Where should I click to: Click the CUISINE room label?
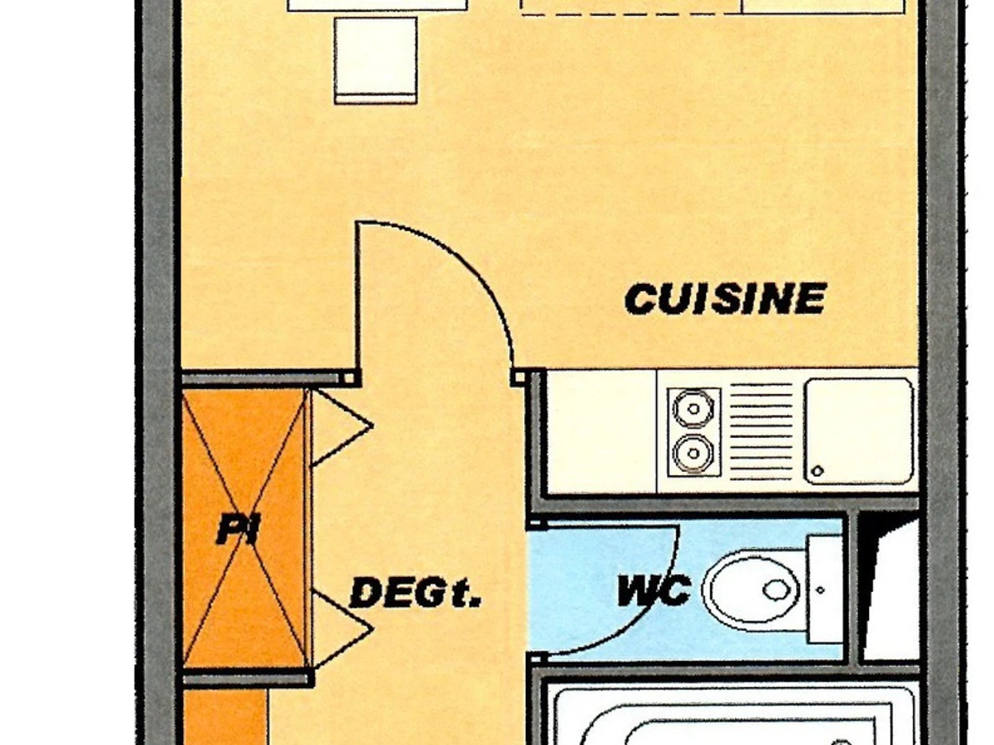point(726,299)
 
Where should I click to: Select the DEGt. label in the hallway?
point(415,594)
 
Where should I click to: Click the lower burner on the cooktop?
point(692,454)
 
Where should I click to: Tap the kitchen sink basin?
point(859,430)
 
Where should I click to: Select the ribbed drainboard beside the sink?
point(761,430)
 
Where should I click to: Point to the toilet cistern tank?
point(825,589)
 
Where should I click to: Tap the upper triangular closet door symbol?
point(340,427)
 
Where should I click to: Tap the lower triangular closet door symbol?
point(340,629)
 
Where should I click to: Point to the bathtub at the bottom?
point(733,716)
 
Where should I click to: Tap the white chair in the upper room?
point(375,60)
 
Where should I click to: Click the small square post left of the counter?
point(519,378)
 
